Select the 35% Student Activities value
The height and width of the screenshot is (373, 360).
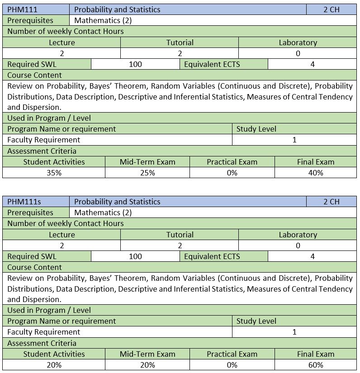tap(54, 173)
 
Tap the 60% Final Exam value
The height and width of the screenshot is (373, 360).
tap(316, 365)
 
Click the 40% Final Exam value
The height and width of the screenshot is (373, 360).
tap(316, 173)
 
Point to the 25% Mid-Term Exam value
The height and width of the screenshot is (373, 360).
tap(147, 173)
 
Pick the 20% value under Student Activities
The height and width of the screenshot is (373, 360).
tap(54, 365)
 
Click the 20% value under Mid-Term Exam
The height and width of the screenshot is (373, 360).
tap(147, 365)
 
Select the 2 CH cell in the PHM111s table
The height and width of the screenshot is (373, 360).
tap(331, 202)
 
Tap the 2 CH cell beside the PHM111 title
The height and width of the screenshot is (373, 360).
tap(331, 9)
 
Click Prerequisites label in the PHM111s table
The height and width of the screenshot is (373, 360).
tap(30, 212)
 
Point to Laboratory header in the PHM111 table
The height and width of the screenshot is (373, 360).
tap(298, 42)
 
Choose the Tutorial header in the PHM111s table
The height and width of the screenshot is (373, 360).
tap(180, 235)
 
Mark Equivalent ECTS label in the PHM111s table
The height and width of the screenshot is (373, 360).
tap(212, 256)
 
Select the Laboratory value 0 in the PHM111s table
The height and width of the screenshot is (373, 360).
tap(298, 246)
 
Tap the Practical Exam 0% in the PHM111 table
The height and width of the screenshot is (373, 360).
tap(232, 173)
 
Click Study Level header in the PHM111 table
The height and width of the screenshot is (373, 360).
tap(256, 129)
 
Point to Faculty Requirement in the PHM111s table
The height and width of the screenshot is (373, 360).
tap(44, 332)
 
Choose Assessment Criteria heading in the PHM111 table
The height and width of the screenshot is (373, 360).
tap(42, 151)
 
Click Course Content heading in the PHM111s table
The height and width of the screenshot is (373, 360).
tap(35, 267)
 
